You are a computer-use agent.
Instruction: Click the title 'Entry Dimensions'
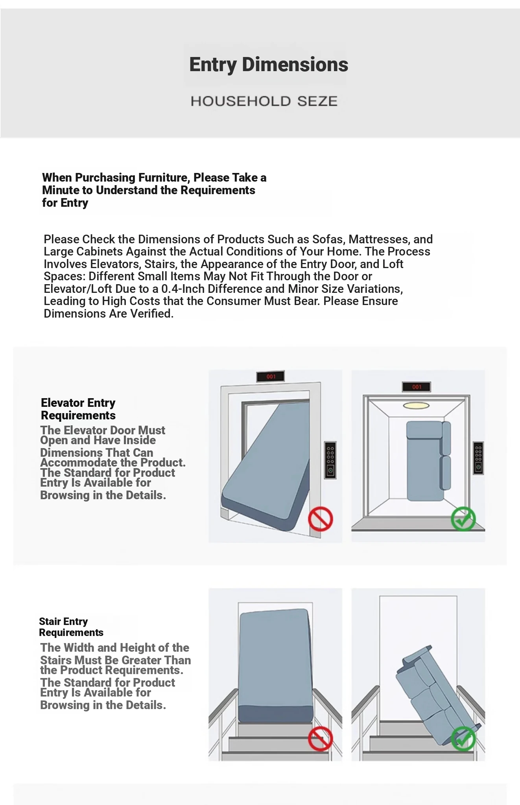pos(269,65)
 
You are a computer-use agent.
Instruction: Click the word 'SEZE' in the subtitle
pos(317,101)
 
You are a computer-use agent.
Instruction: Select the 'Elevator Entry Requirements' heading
pos(78,409)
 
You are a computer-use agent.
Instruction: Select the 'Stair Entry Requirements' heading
pos(71,627)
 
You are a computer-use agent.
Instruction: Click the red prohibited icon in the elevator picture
pos(321,519)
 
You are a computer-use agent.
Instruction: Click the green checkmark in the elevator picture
pos(463,519)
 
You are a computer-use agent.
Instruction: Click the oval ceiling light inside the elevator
pos(416,405)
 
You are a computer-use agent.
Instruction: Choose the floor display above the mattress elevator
pos(271,377)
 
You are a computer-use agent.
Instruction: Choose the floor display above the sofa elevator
pos(417,387)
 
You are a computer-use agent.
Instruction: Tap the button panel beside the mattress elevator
pos(330,460)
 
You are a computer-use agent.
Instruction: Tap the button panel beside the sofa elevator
pos(478,458)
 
